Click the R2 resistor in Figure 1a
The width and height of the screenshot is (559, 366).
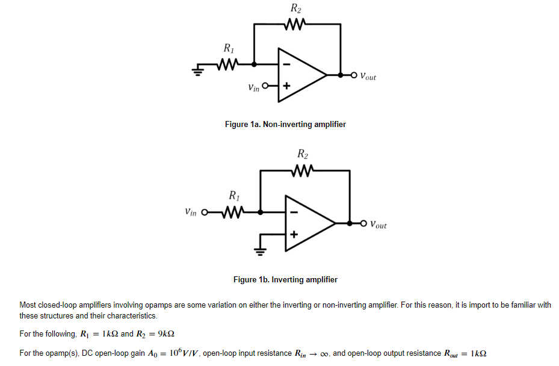[296, 25]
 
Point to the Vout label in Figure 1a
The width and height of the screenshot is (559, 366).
[368, 76]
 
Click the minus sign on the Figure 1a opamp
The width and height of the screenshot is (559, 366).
[286, 64]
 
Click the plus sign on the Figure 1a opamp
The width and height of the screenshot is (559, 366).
[286, 87]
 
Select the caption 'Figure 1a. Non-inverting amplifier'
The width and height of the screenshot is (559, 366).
[285, 125]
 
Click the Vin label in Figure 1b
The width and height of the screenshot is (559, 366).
[191, 212]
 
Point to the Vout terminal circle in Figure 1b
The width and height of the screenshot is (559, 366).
[363, 223]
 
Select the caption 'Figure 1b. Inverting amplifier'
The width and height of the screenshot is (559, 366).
[285, 280]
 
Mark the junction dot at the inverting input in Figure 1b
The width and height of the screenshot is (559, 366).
[261, 212]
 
